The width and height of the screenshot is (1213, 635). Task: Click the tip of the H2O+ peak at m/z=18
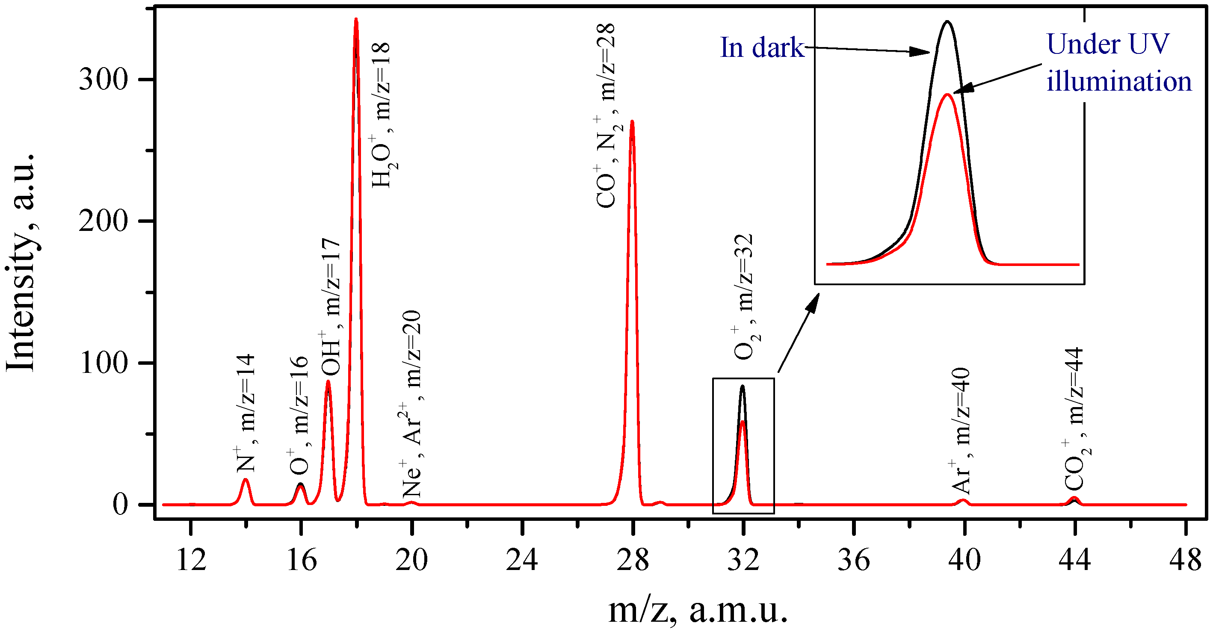356,20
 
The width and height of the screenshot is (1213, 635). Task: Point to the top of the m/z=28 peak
632,122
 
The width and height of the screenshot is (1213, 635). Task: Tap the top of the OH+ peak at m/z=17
328,382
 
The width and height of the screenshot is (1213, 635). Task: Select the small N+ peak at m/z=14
246,480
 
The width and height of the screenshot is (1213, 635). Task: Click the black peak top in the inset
947,22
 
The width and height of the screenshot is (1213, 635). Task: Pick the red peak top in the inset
947,95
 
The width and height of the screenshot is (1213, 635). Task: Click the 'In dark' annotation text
762,47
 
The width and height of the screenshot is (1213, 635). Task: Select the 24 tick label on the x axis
522,560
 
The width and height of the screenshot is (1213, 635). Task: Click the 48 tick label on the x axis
1185,560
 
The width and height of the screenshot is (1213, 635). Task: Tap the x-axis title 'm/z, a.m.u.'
698,611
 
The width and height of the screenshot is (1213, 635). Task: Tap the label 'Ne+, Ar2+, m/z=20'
412,404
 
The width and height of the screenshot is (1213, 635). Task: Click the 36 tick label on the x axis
853,560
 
